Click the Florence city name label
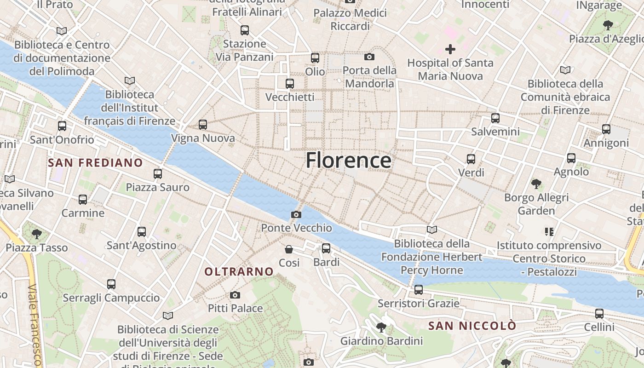point(349,160)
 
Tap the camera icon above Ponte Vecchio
point(296,214)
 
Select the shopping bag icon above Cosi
point(289,249)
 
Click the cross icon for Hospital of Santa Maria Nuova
point(450,49)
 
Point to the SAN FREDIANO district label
point(95,162)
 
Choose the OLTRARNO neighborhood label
point(239,271)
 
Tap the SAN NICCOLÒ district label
point(472,326)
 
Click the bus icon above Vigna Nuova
point(203,124)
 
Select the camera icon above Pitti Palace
point(235,295)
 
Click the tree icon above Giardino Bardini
point(381,328)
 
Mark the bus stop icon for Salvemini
point(495,118)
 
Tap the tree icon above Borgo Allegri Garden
point(536,184)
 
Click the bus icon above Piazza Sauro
point(158,173)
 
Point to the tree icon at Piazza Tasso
point(37,234)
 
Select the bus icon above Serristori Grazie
point(418,289)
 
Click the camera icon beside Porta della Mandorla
point(369,57)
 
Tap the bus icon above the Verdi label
point(471,159)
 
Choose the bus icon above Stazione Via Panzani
point(245,30)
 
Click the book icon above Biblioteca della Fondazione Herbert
point(432,230)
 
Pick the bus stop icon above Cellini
point(599,314)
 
